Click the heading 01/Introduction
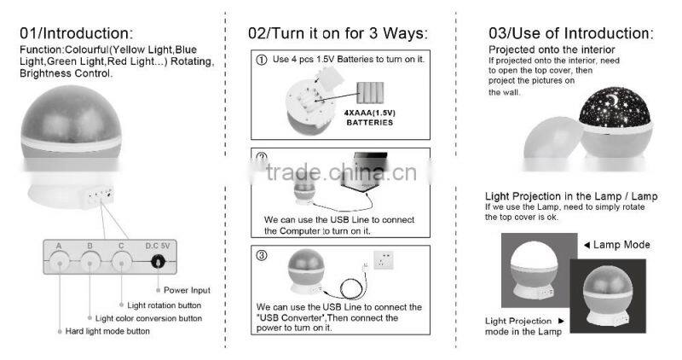pyautogui.click(x=77, y=33)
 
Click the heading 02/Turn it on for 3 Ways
pyautogui.click(x=338, y=34)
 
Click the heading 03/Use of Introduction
pyautogui.click(x=570, y=33)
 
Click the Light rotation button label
pyautogui.click(x=165, y=305)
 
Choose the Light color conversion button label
pyautogui.click(x=148, y=318)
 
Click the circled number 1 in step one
pyautogui.click(x=260, y=61)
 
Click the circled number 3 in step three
pyautogui.click(x=260, y=254)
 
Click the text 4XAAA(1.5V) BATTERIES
pyautogui.click(x=369, y=117)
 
